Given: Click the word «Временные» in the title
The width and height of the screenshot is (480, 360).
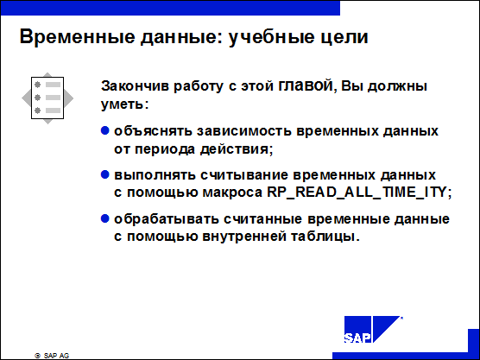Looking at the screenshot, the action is (77, 37).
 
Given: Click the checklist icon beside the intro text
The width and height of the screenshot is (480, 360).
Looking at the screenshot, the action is (47, 98).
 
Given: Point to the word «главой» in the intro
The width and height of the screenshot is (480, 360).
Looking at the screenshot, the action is (306, 86).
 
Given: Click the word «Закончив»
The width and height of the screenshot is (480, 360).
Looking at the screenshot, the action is (135, 86).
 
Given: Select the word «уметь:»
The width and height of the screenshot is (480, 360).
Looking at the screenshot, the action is (124, 104).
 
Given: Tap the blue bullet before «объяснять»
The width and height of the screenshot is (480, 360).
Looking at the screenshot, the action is (105, 130).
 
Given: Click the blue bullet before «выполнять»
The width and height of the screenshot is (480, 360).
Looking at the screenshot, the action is (105, 174).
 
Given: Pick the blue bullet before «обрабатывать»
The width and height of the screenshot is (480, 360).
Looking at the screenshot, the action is (105, 219).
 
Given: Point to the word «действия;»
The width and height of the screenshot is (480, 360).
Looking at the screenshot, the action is (237, 149).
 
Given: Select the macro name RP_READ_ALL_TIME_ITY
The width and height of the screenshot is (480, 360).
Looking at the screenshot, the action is (357, 193).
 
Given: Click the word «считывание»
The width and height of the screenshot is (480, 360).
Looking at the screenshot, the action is (244, 175).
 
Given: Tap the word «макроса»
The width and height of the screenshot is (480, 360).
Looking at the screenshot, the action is (232, 193).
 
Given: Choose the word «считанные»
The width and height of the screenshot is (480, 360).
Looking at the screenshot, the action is (263, 219).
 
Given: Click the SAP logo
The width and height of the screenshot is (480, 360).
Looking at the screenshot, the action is (372, 329).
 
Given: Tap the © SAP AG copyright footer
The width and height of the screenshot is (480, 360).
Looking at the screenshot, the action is (52, 356).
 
